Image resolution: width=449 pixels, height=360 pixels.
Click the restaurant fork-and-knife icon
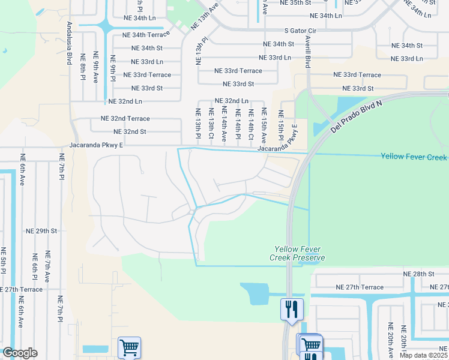pos(292,310)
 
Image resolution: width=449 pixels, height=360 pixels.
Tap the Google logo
pos(20,353)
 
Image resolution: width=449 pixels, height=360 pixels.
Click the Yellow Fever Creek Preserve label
pos(300,253)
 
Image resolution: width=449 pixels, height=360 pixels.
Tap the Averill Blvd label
pos(307,50)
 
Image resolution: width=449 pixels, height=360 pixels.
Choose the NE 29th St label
pos(41,230)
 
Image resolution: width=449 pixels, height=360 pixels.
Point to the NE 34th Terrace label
pos(146,35)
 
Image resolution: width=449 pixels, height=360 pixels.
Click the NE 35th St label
pos(296,3)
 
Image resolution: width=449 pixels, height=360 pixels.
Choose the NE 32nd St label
pos(130,131)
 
